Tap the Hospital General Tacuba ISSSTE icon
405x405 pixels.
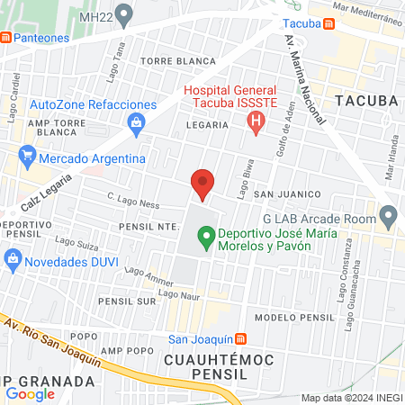click(258, 121)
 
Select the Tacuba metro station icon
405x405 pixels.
click(330, 22)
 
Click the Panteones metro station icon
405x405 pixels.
click(6, 37)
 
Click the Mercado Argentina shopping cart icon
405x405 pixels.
click(27, 158)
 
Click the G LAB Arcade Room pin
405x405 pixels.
click(389, 216)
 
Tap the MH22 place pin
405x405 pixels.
click(124, 14)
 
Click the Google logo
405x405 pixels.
click(30, 393)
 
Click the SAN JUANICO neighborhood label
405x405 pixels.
click(286, 193)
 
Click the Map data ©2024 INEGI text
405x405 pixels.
click(350, 398)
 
